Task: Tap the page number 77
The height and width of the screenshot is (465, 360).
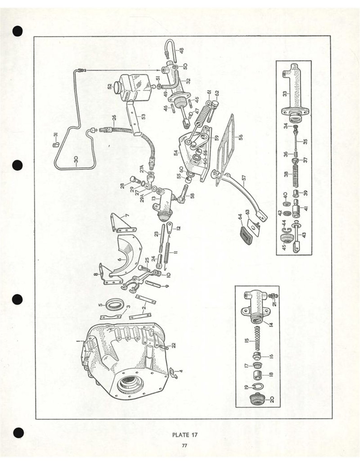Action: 185,445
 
